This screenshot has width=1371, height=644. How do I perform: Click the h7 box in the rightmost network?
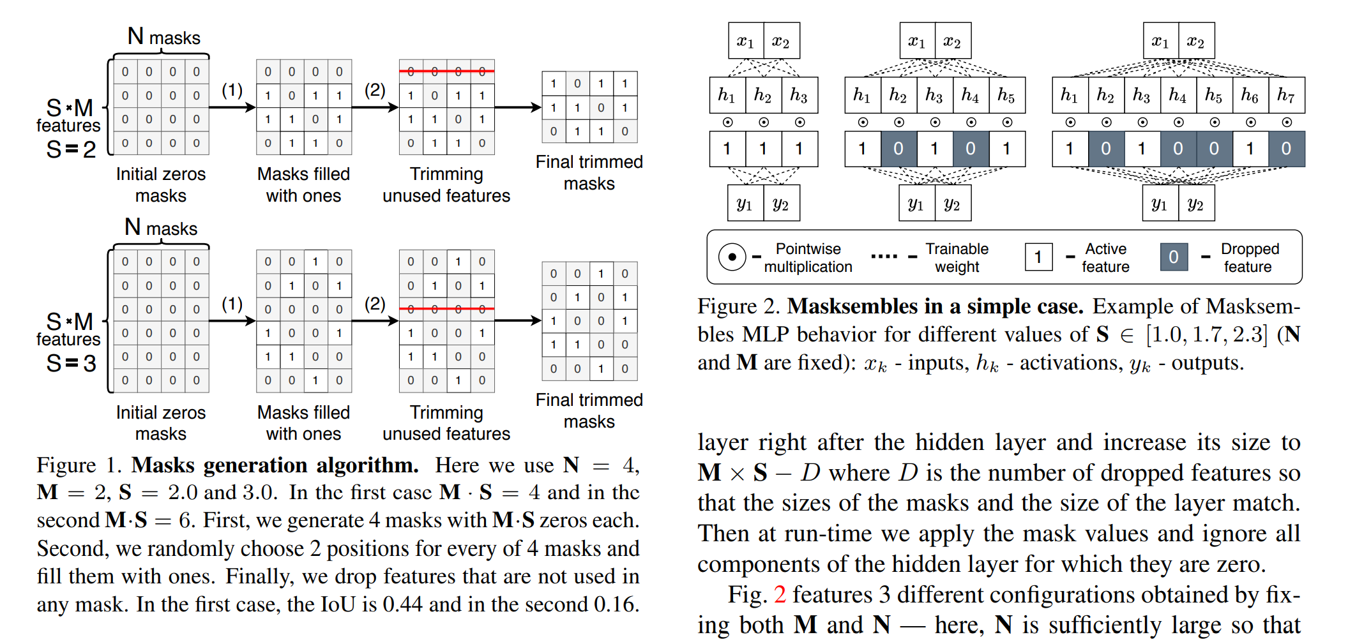[1286, 96]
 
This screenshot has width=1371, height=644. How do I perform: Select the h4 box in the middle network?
[970, 96]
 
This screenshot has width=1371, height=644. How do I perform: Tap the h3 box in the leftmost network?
[799, 96]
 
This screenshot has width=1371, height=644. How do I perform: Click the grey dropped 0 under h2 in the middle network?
[898, 149]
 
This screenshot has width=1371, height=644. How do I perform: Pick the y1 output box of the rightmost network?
[1160, 204]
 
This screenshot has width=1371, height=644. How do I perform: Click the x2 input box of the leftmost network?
[781, 41]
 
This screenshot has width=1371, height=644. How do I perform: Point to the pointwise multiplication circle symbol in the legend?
[732, 257]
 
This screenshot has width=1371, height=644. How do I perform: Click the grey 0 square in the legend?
[1174, 257]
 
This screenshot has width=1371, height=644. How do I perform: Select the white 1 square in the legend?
[1038, 257]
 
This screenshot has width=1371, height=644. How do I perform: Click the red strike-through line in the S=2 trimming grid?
[446, 71]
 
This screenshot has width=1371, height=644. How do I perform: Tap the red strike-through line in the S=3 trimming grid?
[446, 309]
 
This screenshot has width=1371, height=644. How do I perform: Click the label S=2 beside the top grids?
[71, 150]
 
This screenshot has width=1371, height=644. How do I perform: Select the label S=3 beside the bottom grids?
[71, 364]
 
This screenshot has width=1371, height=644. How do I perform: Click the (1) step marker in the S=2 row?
[232, 90]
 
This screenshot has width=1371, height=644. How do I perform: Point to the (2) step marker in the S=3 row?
[375, 303]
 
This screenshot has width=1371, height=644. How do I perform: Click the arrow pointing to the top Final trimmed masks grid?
[517, 107]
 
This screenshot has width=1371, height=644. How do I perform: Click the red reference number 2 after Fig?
[780, 595]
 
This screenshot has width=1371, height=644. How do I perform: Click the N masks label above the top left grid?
[164, 37]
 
